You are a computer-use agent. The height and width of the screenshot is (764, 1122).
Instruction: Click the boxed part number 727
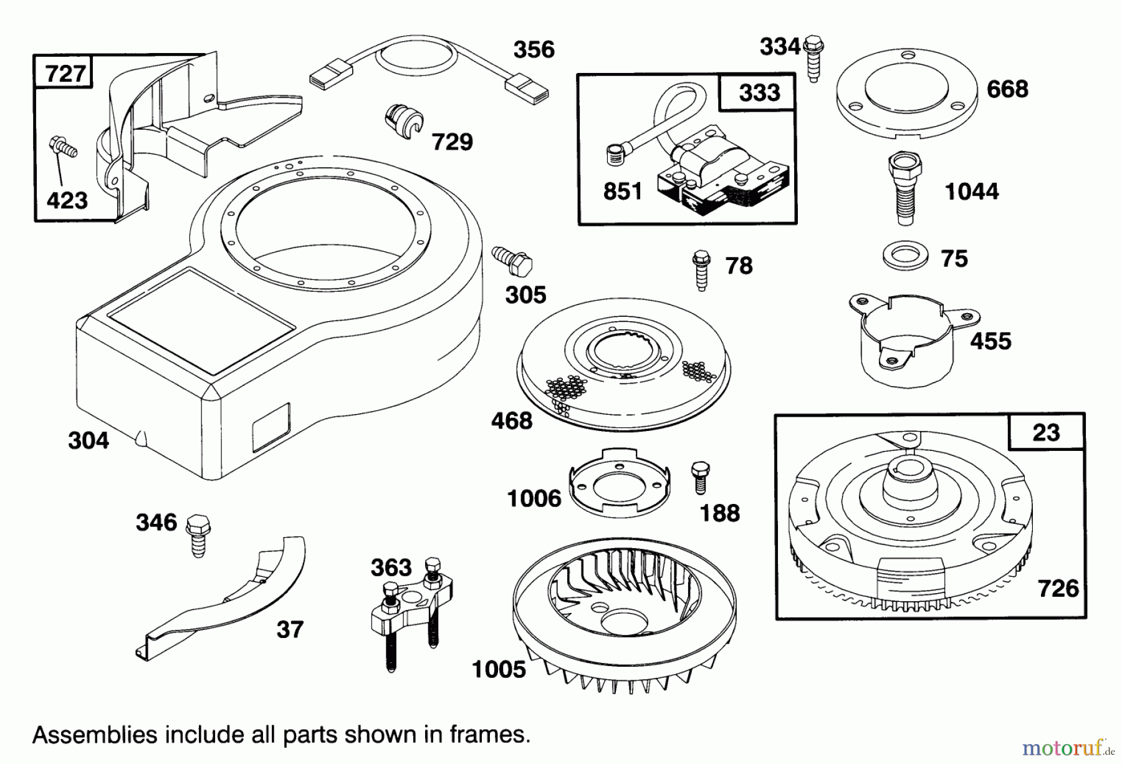point(64,74)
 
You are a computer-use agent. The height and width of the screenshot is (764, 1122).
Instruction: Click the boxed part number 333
point(759,93)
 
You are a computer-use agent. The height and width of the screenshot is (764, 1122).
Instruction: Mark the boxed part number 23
point(1045,432)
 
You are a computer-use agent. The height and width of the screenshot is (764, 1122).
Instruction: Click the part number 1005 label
point(499,670)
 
